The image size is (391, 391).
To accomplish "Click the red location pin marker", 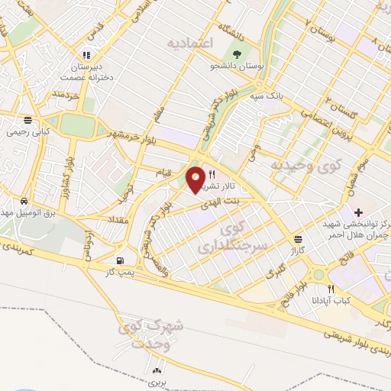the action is point(195,179).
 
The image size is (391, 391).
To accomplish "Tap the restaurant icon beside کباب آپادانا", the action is point(331,289).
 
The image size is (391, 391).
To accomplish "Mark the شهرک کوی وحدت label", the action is point(152,334).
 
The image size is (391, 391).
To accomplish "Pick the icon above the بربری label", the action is point(156,368).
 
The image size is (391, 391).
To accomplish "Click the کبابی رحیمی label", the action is point(28,131).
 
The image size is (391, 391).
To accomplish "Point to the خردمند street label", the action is point(66,95).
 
